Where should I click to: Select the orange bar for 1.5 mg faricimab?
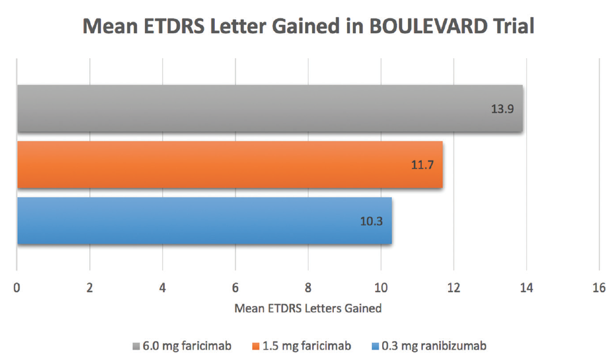tap(230, 165)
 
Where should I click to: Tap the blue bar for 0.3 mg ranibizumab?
tap(204, 221)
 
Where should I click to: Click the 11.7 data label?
tap(422, 165)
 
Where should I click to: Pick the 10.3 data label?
tap(371, 221)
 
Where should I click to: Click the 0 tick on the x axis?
tap(17, 288)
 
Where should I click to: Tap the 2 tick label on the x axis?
tap(90, 288)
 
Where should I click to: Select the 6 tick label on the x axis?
tap(235, 288)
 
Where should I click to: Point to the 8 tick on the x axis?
tap(308, 288)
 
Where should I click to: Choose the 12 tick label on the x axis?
tap(453, 288)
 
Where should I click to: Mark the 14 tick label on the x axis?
tap(526, 288)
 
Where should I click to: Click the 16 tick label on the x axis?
tap(599, 288)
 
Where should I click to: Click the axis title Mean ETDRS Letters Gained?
tap(308, 309)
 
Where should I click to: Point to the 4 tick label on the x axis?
tap(163, 288)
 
